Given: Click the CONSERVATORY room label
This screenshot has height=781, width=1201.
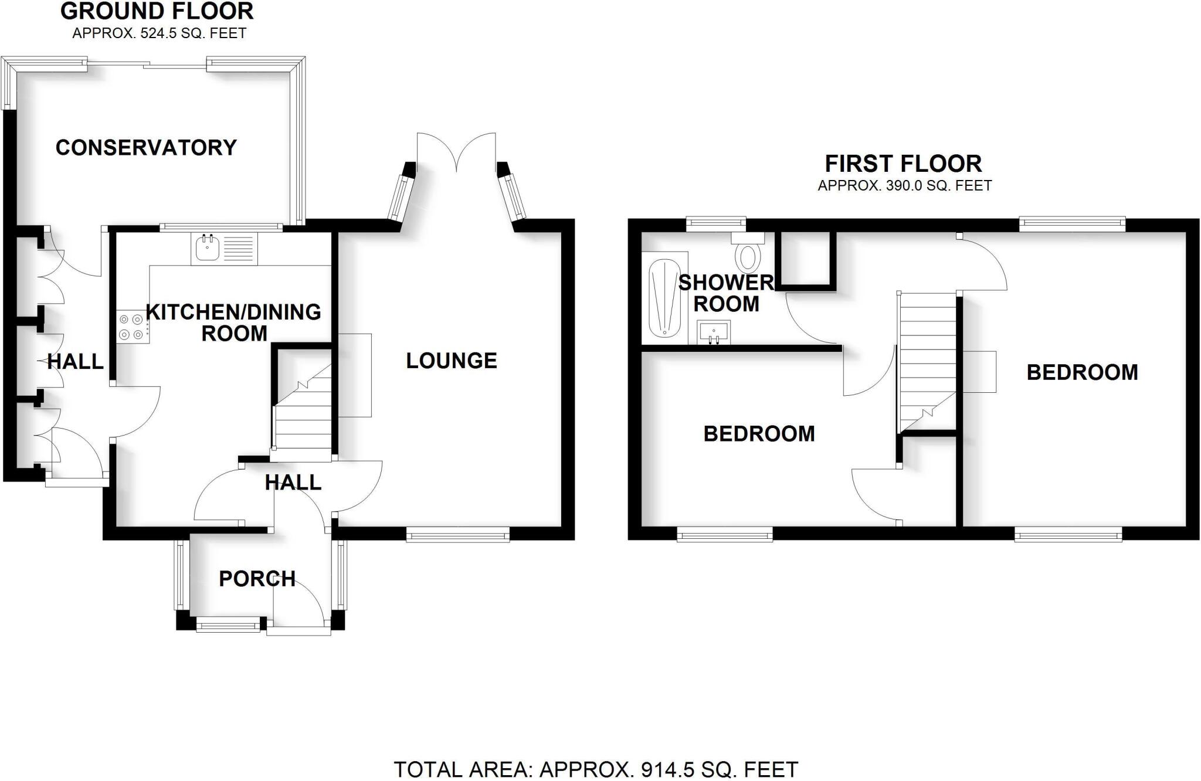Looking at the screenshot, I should tap(146, 147).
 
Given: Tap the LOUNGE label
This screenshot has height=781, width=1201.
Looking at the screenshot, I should tap(452, 361).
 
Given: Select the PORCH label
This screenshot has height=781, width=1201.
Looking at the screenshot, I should tap(257, 579).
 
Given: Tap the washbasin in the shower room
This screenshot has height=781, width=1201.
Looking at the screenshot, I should tap(713, 332).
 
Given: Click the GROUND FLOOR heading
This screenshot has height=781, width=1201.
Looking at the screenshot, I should tap(157, 11).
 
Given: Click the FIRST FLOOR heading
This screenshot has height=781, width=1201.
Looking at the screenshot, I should tap(903, 163).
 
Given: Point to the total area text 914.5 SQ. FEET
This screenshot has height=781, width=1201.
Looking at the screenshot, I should tap(596, 769).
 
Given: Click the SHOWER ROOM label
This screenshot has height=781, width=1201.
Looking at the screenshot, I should tap(726, 293).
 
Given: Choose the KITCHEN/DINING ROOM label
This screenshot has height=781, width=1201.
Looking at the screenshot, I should tap(233, 322).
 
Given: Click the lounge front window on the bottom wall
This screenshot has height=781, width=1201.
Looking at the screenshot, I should tap(458, 534).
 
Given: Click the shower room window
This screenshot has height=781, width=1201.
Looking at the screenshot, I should tap(715, 223).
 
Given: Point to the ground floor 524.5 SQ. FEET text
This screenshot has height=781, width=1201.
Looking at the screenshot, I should tap(159, 33).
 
